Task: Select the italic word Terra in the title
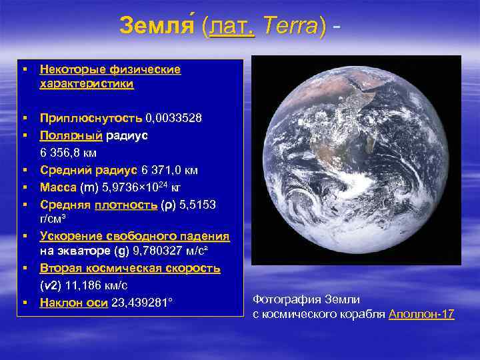[x=290, y=26]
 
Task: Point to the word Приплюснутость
[x=91, y=118]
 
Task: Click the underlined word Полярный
[x=71, y=135]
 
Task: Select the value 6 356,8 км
[x=69, y=153]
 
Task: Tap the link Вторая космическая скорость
[x=129, y=268]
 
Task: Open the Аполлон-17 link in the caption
[x=421, y=314]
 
